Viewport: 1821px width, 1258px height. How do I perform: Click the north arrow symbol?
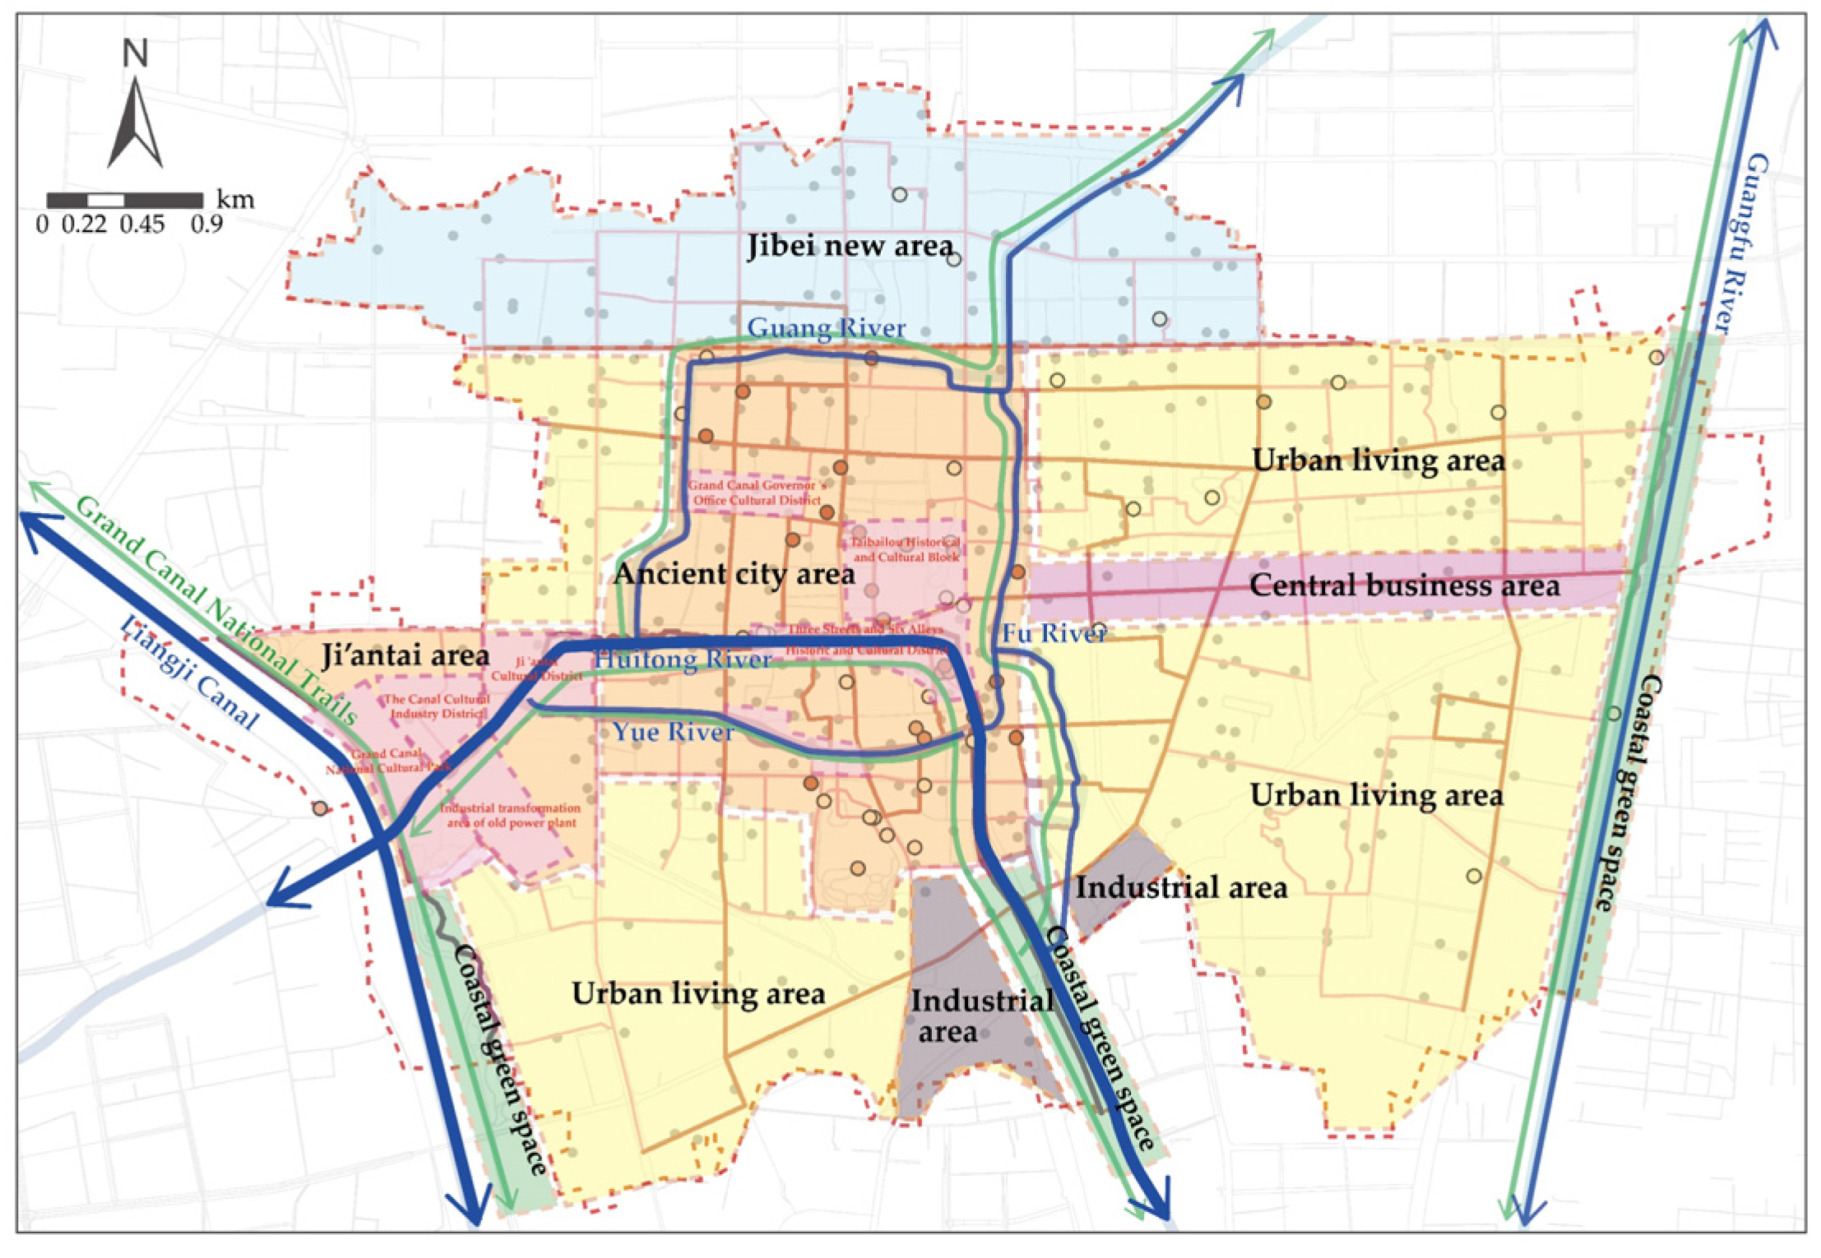pyautogui.click(x=135, y=123)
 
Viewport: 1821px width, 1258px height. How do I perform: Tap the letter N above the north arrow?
pyautogui.click(x=135, y=53)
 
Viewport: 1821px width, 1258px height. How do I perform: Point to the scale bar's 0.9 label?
pyautogui.click(x=206, y=224)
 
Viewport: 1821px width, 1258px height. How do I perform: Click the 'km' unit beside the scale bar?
pyautogui.click(x=235, y=200)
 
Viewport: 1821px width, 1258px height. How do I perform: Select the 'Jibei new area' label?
pyautogui.click(x=850, y=246)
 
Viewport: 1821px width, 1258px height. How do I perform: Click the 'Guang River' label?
pyautogui.click(x=826, y=328)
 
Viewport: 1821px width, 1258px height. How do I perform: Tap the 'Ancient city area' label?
pyautogui.click(x=734, y=574)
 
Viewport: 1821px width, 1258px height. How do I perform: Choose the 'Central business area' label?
pyautogui.click(x=1404, y=585)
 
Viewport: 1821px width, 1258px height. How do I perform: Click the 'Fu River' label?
pyautogui.click(x=1053, y=633)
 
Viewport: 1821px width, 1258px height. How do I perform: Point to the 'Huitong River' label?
pyautogui.click(x=683, y=659)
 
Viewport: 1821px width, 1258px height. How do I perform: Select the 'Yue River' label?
pyautogui.click(x=673, y=732)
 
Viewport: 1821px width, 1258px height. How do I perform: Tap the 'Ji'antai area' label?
pyautogui.click(x=405, y=655)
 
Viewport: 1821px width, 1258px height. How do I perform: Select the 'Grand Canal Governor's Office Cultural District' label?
pyautogui.click(x=756, y=493)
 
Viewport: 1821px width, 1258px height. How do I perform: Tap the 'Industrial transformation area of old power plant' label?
pyautogui.click(x=511, y=815)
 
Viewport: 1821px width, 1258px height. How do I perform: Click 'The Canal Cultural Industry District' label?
pyautogui.click(x=438, y=705)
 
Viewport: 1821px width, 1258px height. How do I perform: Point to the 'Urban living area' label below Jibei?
pyautogui.click(x=1378, y=460)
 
